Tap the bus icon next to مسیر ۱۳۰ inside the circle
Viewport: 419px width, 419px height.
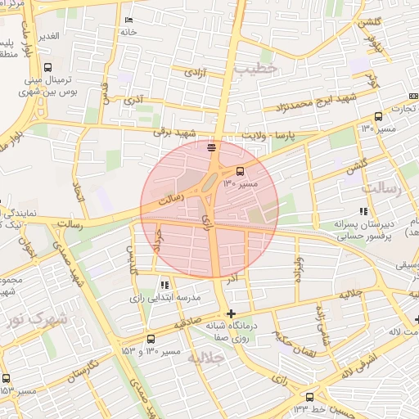tap(241, 171)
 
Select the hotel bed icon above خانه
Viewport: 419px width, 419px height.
tap(128, 20)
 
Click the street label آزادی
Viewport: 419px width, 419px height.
tap(195, 74)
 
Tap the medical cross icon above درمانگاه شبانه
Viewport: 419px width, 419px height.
tap(232, 313)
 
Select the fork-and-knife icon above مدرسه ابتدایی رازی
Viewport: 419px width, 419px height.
tap(164, 285)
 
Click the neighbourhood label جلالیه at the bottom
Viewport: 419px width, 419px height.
tap(205, 358)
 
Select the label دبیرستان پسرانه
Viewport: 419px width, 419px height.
tap(364, 223)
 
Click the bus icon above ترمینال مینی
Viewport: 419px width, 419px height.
tap(48, 67)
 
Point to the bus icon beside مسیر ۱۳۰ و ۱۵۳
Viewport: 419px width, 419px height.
tap(150, 339)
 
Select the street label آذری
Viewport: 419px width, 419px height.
tap(133, 101)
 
